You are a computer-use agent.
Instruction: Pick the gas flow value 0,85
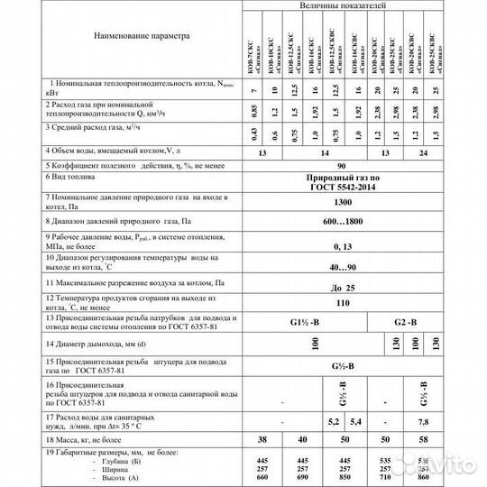(255, 114)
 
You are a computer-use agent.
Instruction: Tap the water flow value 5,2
(332, 421)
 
